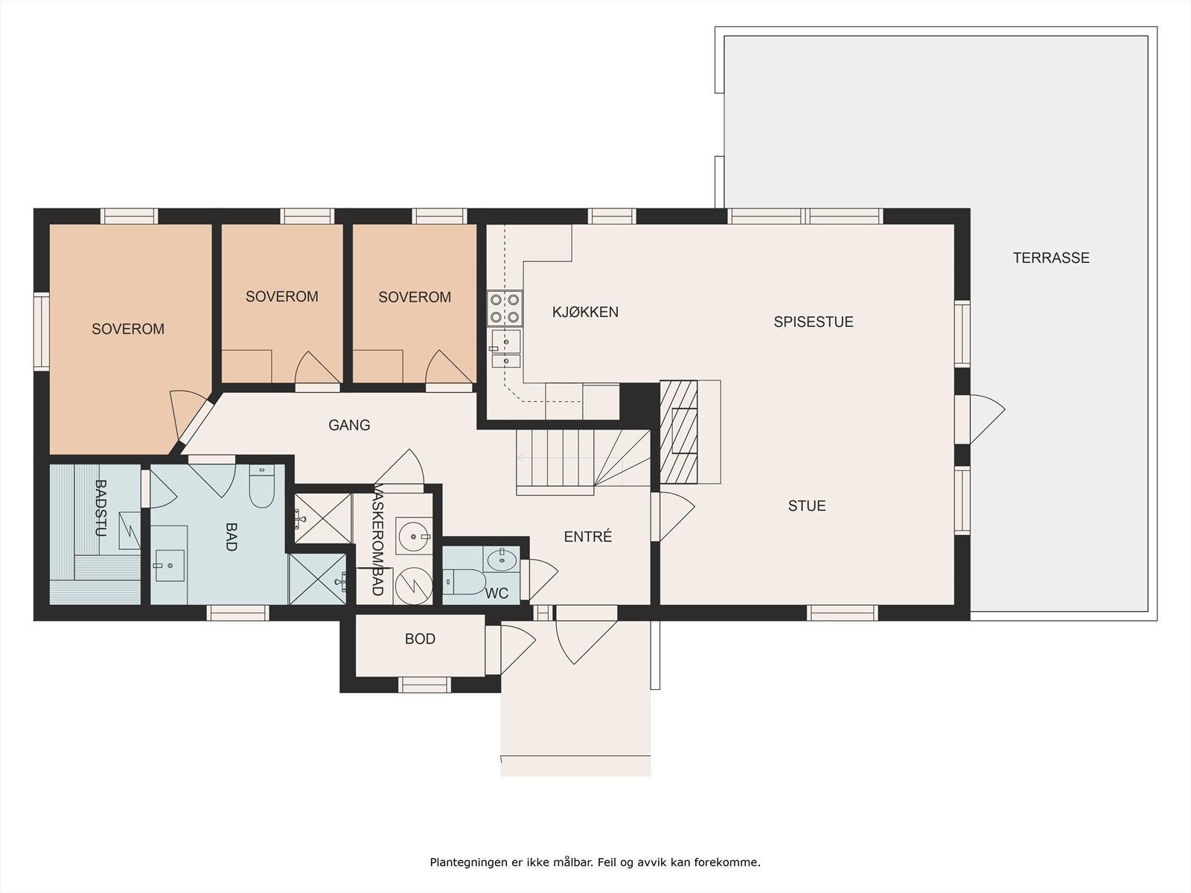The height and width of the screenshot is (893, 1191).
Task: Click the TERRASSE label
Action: click(1051, 257)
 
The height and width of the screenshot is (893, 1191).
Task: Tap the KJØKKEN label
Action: click(586, 312)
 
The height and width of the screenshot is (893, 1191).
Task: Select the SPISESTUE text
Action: click(814, 321)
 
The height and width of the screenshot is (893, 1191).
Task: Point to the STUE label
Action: click(807, 506)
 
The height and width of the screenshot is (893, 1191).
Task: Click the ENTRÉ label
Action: click(587, 537)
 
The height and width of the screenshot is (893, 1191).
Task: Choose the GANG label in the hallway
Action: click(349, 425)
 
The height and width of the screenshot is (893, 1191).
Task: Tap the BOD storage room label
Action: click(420, 638)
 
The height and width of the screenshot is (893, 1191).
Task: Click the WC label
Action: click(496, 593)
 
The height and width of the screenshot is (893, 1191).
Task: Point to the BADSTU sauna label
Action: click(100, 508)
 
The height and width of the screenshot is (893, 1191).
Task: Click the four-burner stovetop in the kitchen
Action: click(505, 308)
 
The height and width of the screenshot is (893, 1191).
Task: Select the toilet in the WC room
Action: click(464, 582)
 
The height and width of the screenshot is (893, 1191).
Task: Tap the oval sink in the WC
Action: click(502, 560)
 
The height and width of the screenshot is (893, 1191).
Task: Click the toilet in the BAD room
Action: click(262, 487)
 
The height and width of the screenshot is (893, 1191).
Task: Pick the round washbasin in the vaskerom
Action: click(414, 537)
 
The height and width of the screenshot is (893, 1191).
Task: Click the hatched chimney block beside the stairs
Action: click(678, 432)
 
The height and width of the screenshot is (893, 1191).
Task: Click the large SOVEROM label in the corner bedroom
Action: click(128, 329)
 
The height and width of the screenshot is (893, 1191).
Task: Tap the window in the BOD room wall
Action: click(424, 685)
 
